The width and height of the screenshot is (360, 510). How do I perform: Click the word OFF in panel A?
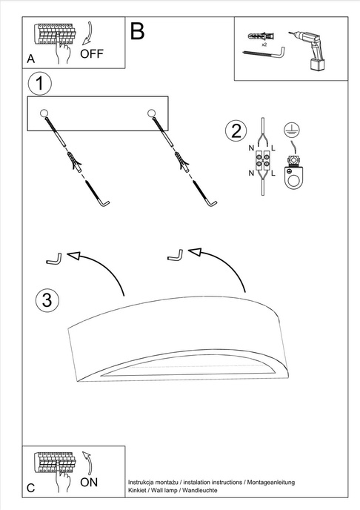[92, 54]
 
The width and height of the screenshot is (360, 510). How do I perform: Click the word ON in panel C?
[89, 482]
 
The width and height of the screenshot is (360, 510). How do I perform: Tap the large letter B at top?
[138, 30]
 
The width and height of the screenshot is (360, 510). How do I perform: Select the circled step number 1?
[41, 82]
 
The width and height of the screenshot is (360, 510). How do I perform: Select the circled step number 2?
[236, 132]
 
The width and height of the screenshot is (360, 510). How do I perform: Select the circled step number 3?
[46, 300]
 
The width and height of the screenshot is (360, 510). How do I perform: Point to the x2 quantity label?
[264, 44]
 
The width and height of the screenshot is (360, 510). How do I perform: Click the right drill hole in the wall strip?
[152, 113]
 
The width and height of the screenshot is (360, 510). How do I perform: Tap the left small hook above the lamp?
[53, 259]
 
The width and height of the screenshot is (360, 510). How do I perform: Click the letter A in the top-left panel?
[30, 57]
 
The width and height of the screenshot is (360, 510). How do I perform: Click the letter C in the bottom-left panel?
[30, 488]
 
